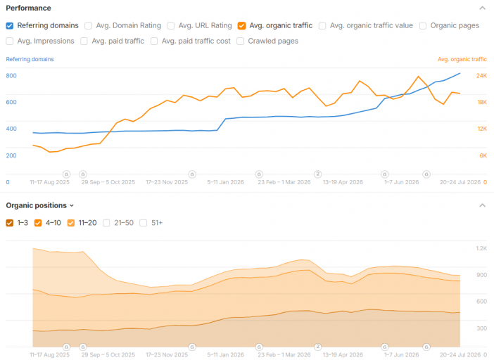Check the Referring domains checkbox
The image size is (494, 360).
(x=10, y=26)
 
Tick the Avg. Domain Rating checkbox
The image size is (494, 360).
(x=88, y=26)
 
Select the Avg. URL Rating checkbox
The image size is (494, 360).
(x=171, y=26)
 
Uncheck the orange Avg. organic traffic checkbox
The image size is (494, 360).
(x=241, y=26)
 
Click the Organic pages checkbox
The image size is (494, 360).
(x=423, y=26)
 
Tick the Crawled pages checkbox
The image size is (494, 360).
(x=241, y=41)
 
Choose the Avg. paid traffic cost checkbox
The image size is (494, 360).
(x=154, y=41)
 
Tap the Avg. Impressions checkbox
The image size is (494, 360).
(x=10, y=41)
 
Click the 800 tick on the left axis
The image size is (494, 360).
(x=11, y=75)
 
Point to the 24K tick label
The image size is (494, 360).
(x=481, y=75)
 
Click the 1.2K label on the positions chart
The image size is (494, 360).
(x=481, y=248)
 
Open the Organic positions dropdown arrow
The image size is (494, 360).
(x=72, y=206)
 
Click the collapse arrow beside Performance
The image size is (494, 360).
(x=482, y=8)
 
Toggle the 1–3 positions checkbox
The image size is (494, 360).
(x=10, y=223)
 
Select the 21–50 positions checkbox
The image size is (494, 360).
(x=106, y=223)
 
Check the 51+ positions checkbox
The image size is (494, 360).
(x=144, y=223)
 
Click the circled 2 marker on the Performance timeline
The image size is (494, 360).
(x=318, y=174)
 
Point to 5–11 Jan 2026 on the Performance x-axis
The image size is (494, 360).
(x=226, y=182)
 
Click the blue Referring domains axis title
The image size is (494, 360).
(x=30, y=59)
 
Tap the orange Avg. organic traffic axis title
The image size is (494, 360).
(x=462, y=59)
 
